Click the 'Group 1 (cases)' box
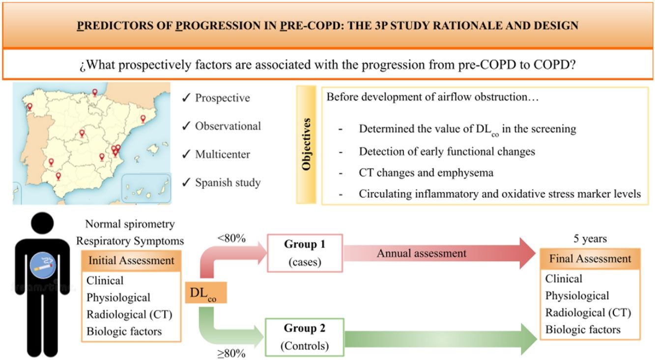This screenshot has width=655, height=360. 304,252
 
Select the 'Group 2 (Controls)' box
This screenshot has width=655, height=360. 304,337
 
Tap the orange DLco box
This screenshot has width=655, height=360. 206,293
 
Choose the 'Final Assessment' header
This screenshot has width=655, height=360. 590,258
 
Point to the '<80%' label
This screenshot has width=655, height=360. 231,239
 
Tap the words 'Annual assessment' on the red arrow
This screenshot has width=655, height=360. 421,253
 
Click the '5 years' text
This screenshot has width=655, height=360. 590,239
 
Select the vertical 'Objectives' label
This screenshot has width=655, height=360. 307,144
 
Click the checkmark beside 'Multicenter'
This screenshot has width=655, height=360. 186,155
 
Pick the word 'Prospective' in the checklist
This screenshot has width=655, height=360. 222,98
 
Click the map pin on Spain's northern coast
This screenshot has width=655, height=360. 95,92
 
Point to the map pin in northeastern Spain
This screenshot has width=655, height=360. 142,119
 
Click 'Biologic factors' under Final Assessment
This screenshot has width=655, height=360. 583,329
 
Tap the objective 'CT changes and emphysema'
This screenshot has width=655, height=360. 426,172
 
